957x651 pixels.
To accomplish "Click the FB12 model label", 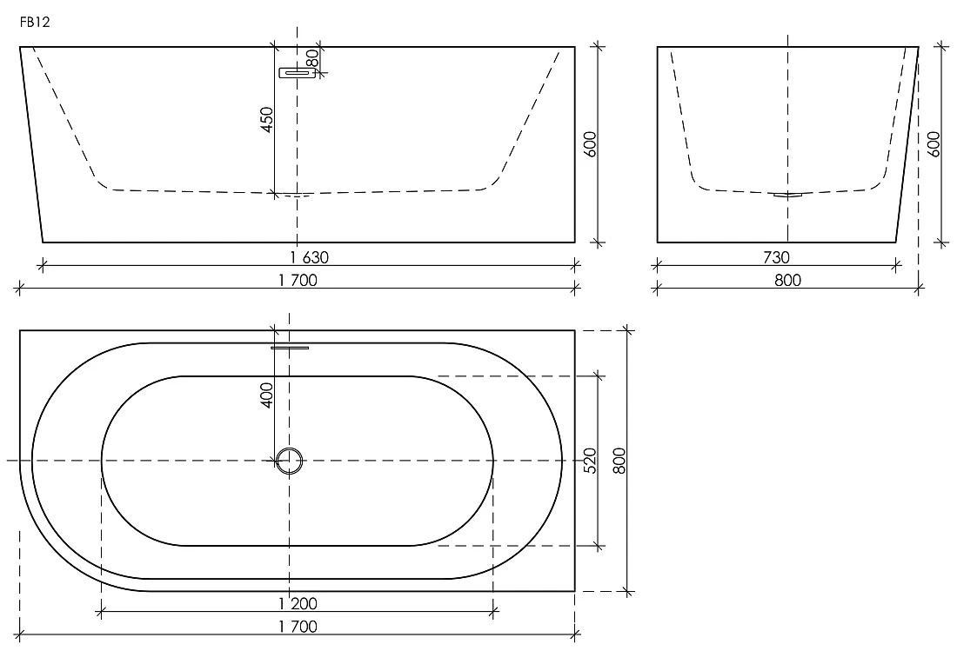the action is pyautogui.click(x=35, y=22).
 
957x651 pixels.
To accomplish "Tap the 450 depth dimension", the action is pyautogui.click(x=267, y=119).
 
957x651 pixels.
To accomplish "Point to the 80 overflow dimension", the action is pyautogui.click(x=311, y=58).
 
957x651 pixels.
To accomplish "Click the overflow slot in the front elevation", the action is pyautogui.click(x=298, y=73).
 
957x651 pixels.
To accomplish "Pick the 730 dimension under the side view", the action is pyautogui.click(x=776, y=257).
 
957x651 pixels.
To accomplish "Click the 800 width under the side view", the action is pyautogui.click(x=787, y=280).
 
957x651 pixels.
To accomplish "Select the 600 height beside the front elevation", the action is pyautogui.click(x=590, y=144).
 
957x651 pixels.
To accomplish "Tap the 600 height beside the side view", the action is pyautogui.click(x=934, y=144).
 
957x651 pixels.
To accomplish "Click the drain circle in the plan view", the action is pyautogui.click(x=290, y=461).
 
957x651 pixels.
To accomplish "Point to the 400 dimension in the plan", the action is pyautogui.click(x=267, y=395).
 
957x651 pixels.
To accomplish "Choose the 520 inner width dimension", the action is pyautogui.click(x=590, y=461).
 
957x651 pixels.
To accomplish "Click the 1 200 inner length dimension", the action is pyautogui.click(x=298, y=603).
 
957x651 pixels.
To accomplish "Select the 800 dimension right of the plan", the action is pyautogui.click(x=619, y=461).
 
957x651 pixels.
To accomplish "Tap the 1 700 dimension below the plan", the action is pyautogui.click(x=298, y=626).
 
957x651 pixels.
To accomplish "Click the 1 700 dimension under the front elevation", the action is pyautogui.click(x=298, y=280).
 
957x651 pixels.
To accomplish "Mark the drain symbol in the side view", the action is pyautogui.click(x=787, y=195).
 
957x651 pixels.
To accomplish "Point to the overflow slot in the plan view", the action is pyautogui.click(x=290, y=348).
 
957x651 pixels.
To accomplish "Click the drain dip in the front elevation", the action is pyautogui.click(x=298, y=195).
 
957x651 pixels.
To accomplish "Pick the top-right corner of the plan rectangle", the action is pyautogui.click(x=575, y=330).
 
